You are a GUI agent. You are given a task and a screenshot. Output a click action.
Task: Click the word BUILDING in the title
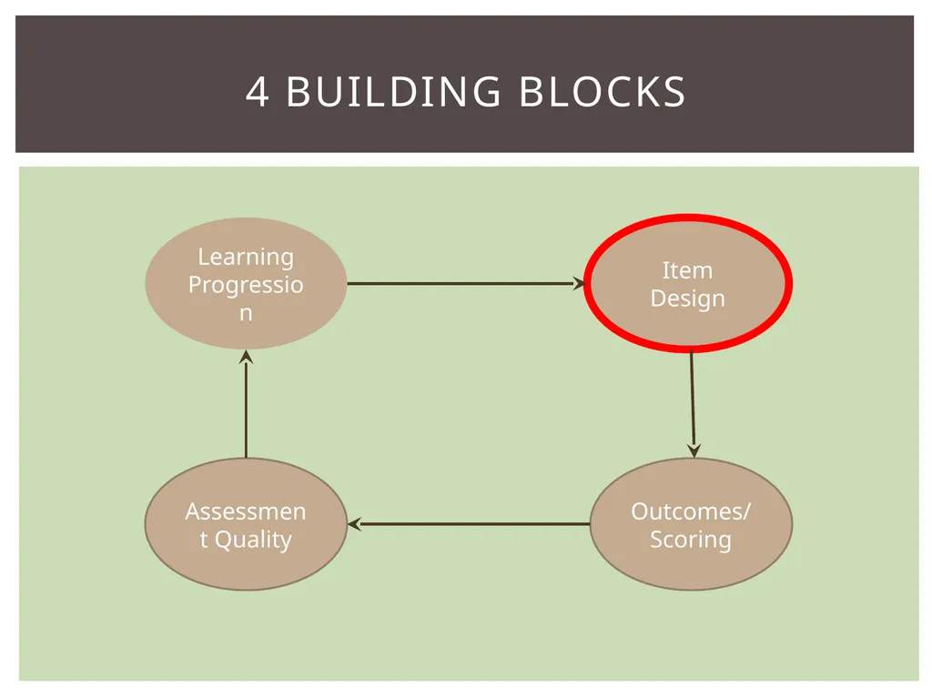click(393, 92)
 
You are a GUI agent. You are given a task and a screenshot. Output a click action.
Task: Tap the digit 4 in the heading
click(257, 92)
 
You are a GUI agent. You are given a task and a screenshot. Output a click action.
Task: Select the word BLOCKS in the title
click(603, 92)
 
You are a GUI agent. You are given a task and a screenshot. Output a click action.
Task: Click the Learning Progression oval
click(246, 284)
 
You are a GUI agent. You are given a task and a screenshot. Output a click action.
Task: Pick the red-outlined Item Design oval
click(688, 284)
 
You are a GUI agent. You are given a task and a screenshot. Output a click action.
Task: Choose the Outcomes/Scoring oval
click(692, 524)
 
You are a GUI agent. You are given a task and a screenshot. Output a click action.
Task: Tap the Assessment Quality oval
click(246, 524)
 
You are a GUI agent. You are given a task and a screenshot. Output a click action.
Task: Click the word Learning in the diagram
click(246, 258)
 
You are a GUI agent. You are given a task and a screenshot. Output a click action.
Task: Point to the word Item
click(687, 270)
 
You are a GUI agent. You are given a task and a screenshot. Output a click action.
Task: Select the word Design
click(688, 299)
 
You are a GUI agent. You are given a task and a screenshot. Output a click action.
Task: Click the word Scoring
click(691, 540)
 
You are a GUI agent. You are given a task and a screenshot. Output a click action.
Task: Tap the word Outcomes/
click(692, 512)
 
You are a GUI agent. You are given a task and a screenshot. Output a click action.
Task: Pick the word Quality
click(253, 540)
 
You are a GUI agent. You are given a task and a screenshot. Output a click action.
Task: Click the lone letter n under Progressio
click(246, 314)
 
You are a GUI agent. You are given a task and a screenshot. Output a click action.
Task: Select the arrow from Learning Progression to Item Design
click(466, 284)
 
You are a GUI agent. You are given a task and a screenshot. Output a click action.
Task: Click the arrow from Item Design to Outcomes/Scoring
click(693, 405)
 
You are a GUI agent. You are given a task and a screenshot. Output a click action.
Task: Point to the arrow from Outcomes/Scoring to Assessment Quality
click(469, 524)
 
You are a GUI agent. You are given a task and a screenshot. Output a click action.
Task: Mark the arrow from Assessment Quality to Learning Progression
click(246, 404)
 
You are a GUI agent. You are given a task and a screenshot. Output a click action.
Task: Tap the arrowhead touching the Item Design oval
click(579, 284)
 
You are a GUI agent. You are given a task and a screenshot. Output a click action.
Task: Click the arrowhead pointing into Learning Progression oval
click(246, 357)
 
